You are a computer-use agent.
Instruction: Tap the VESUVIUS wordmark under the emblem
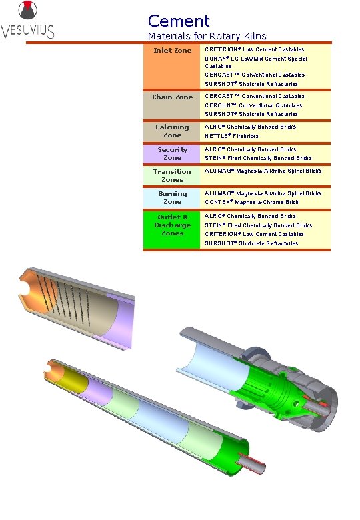click(x=28, y=31)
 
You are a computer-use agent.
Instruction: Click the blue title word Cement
click(x=179, y=21)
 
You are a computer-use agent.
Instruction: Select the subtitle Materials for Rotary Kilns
click(x=207, y=36)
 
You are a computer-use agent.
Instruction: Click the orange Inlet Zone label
click(x=172, y=51)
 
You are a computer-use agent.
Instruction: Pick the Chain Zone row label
click(x=172, y=97)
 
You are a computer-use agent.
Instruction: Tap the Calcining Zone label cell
click(x=172, y=131)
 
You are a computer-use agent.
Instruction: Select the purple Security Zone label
click(x=172, y=153)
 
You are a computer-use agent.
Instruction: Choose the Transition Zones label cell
click(x=172, y=175)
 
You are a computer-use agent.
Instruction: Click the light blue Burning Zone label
click(x=172, y=197)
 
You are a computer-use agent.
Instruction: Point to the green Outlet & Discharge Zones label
click(x=172, y=225)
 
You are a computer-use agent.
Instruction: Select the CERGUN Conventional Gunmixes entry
click(x=253, y=105)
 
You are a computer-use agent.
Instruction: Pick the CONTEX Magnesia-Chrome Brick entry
click(x=252, y=202)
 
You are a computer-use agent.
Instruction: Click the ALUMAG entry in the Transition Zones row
click(x=263, y=172)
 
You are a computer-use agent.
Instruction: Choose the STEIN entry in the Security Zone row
click(x=258, y=159)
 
